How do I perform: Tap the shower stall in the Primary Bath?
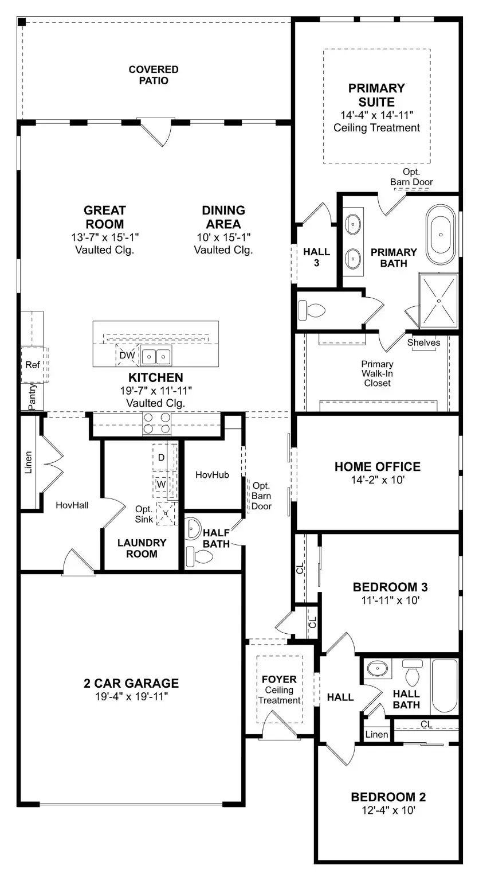[439, 301]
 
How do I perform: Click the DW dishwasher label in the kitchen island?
[127, 356]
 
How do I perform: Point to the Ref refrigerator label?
[32, 364]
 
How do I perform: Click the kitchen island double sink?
[156, 357]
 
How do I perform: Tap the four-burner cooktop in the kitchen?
[156, 423]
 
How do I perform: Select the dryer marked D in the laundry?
[161, 457]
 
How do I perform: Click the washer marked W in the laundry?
[161, 484]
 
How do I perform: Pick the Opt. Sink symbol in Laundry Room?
[166, 513]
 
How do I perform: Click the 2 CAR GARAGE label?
[132, 683]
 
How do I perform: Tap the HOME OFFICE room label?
[378, 467]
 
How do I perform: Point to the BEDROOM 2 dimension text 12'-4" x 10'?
[388, 810]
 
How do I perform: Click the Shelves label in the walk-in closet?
[424, 343]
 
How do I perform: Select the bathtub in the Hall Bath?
[445, 685]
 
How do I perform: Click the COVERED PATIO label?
[154, 75]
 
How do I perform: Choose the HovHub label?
[213, 475]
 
